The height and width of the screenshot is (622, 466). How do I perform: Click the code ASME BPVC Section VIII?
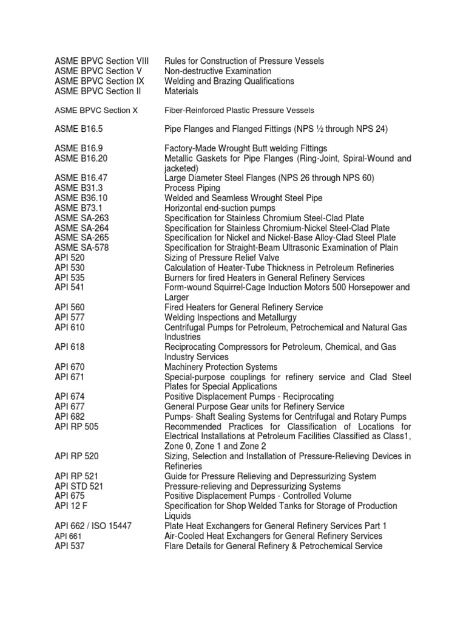pyautogui.click(x=101, y=61)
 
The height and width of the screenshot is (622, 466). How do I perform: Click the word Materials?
pyautogui.click(x=181, y=91)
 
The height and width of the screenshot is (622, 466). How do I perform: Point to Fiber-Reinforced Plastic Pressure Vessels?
pyautogui.click(x=239, y=111)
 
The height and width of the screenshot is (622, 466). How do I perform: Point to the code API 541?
pyautogui.click(x=70, y=287)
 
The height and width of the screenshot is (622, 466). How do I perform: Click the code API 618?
pyautogui.click(x=70, y=347)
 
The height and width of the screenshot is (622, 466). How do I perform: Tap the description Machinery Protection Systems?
pyautogui.click(x=221, y=367)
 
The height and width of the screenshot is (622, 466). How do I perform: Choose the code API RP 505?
pyautogui.click(x=76, y=426)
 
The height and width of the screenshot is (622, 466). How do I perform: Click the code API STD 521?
pyautogui.click(x=79, y=486)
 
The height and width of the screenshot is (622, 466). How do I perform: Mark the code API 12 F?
pyautogui.click(x=70, y=506)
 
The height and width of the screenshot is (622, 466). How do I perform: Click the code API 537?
pyautogui.click(x=70, y=546)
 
